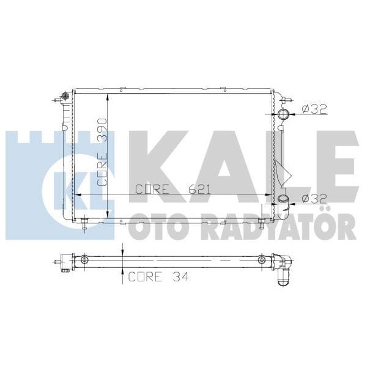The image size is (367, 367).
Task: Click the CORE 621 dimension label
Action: point(172,190)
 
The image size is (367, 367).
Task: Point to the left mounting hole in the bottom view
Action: point(84,261)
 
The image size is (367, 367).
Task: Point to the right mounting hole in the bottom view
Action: point(262,261)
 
